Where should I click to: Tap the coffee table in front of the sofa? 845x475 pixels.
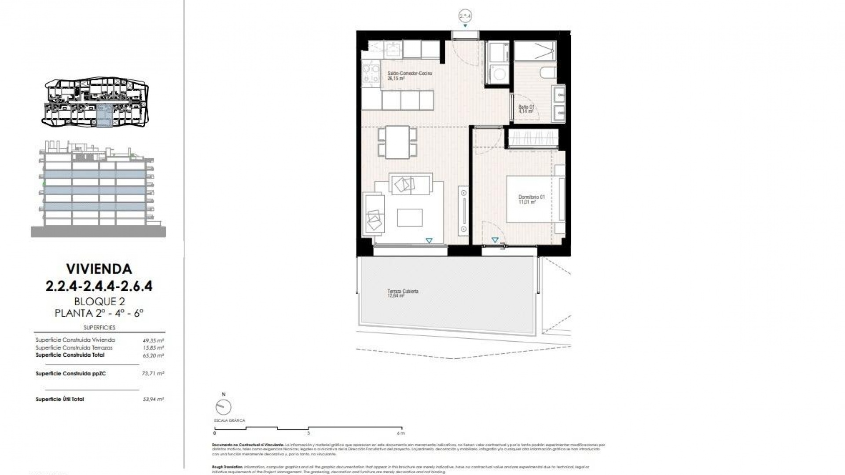point(409,217)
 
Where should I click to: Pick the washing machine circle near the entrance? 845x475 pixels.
point(499,75)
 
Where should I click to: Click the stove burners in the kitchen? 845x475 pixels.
point(371,74)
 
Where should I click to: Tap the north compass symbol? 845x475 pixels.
point(224,407)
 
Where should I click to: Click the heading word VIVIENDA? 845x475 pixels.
point(99,268)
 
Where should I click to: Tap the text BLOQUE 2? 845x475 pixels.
point(99,302)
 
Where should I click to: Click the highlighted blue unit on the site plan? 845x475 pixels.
point(104,117)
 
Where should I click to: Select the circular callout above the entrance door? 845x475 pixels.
point(465,16)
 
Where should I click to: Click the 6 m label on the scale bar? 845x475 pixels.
point(400,433)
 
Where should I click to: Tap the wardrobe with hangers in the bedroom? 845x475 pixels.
point(533,138)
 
